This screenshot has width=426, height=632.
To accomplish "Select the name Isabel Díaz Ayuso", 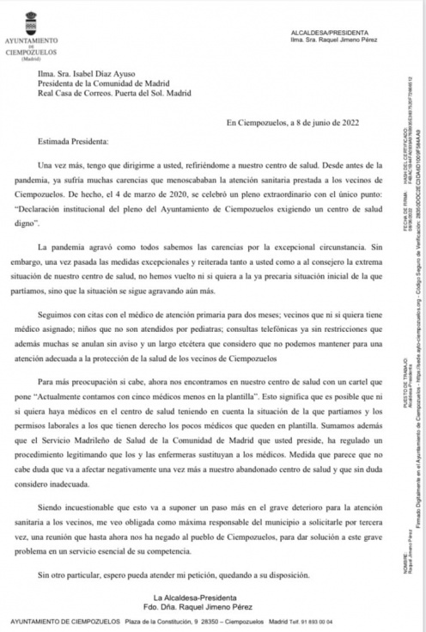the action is pyautogui.click(x=106, y=75).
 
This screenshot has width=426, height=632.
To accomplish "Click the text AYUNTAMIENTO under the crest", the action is pyautogui.click(x=32, y=40).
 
